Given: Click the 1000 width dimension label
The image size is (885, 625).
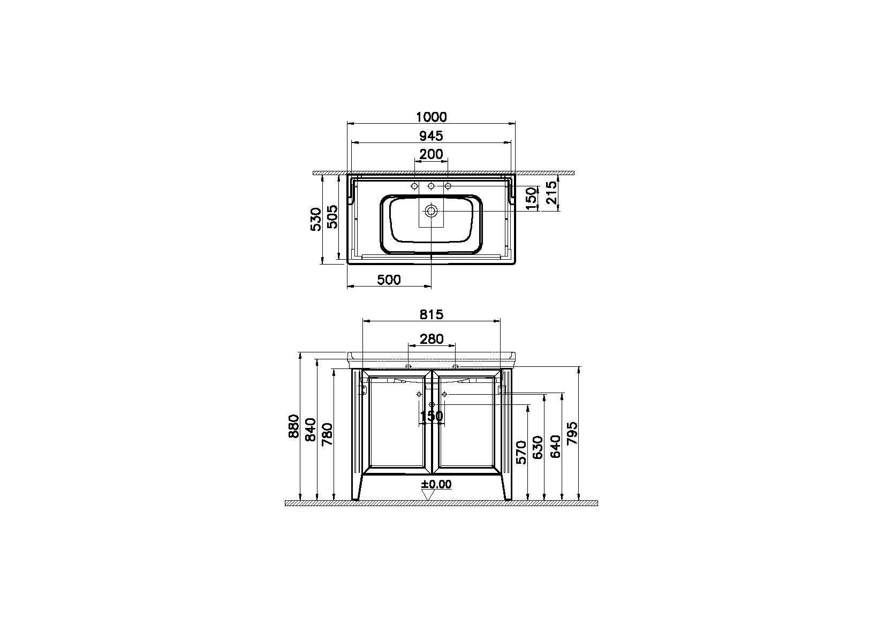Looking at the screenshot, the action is (432, 117).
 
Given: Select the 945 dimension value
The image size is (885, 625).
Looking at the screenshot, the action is (431, 136).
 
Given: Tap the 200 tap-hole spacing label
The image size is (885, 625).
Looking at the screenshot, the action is (431, 154).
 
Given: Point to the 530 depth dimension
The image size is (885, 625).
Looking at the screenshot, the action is (316, 219).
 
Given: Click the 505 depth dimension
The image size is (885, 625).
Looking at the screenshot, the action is (332, 217).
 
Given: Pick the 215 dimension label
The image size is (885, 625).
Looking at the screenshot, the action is (551, 192).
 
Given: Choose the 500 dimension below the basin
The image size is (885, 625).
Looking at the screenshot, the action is (389, 280).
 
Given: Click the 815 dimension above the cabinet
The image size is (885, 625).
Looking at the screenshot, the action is (432, 315).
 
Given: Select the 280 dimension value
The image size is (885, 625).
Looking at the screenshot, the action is (432, 339).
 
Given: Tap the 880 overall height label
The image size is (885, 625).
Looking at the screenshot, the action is (294, 426).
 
